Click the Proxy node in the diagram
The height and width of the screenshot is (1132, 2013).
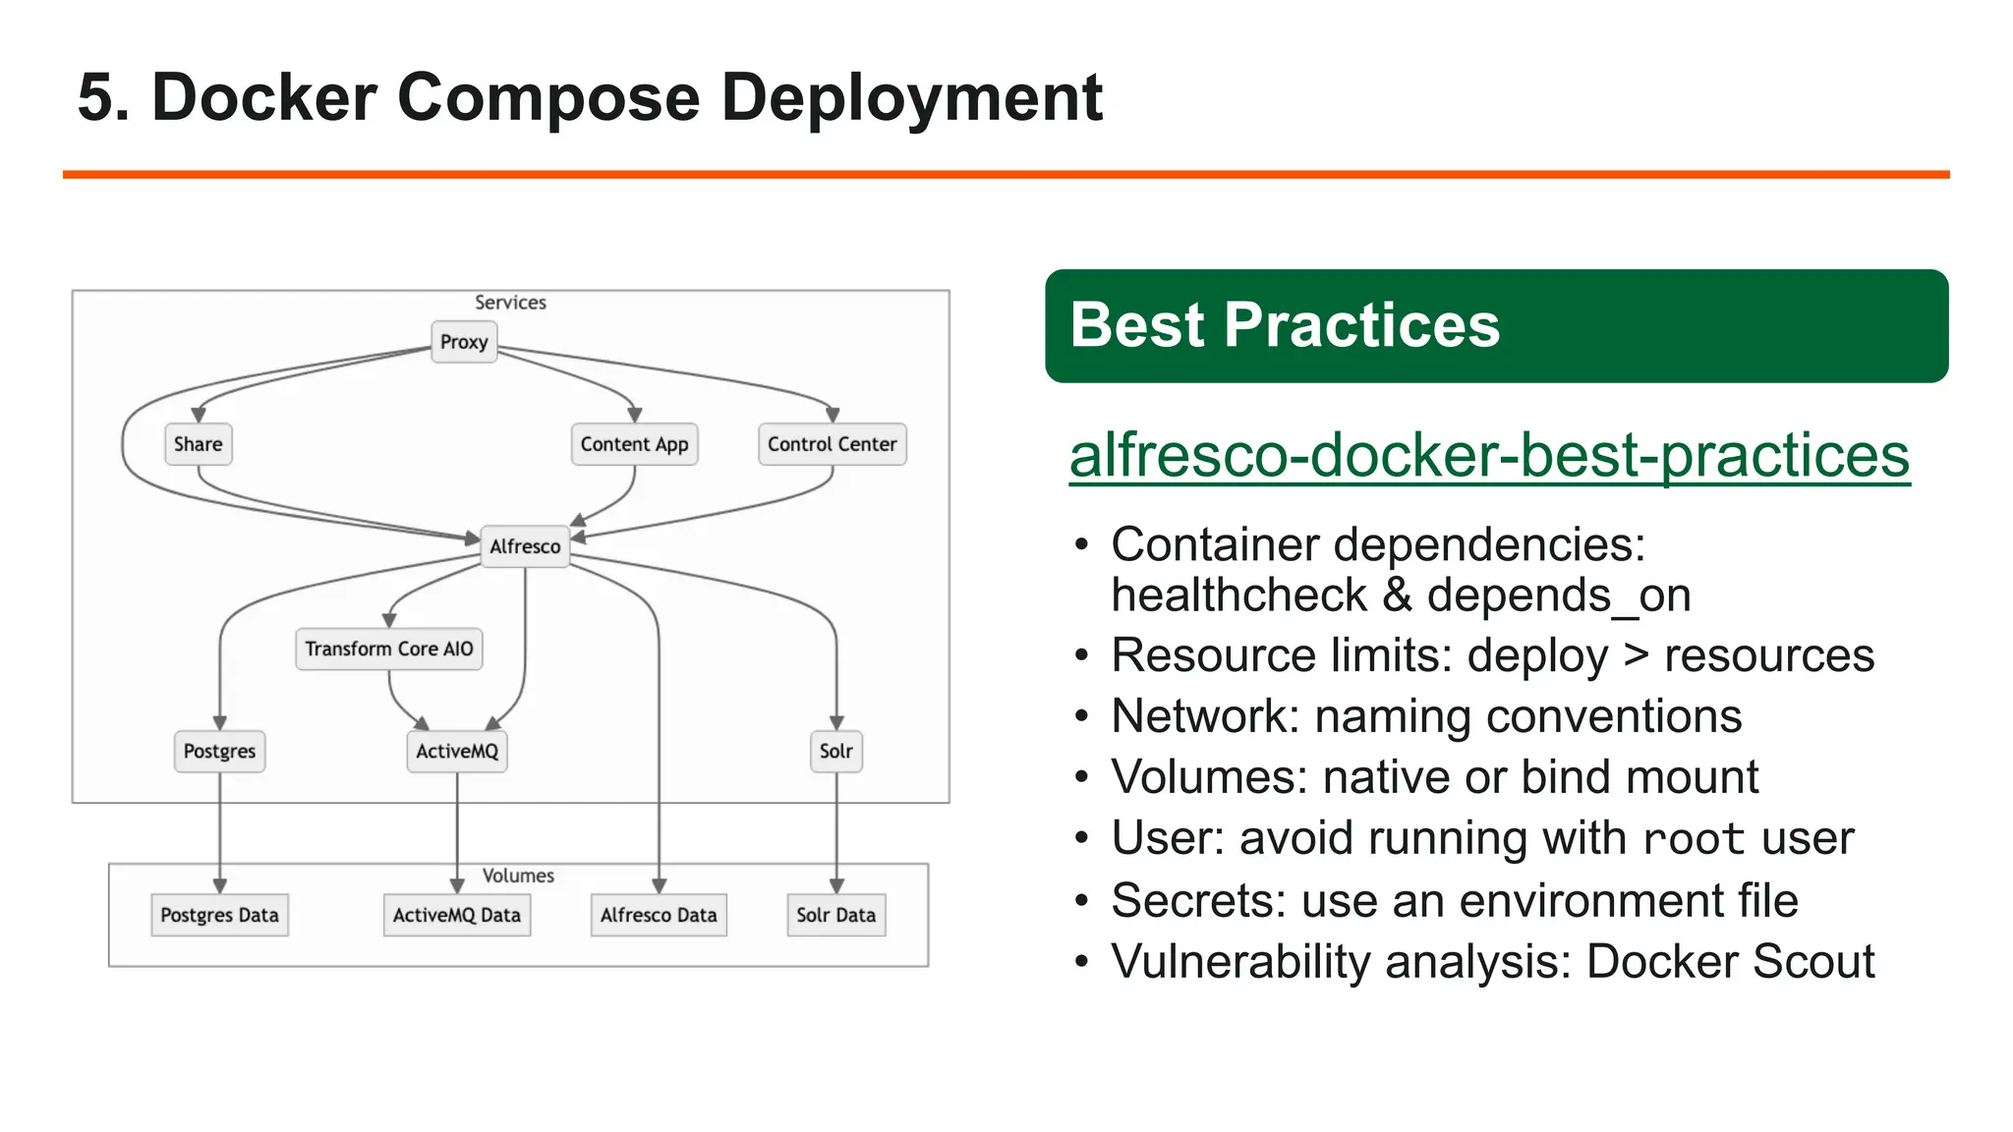pos(464,342)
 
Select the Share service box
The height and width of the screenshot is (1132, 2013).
pos(198,444)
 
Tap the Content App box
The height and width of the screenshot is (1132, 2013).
pos(634,444)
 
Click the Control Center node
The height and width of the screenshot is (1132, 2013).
pos(832,444)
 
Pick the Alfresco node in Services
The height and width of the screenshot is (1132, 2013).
pos(525,546)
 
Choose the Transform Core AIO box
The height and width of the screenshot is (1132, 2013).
pos(389,649)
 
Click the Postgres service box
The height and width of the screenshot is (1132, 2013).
pos(219,752)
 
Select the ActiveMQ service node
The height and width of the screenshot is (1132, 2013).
pos(457,752)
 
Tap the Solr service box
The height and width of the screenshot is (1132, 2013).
pos(835,752)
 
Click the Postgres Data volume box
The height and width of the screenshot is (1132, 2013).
pos(219,915)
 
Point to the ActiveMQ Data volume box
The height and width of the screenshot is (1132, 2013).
pos(457,915)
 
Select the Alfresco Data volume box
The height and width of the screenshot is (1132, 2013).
pos(659,915)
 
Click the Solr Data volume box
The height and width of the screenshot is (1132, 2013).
pos(835,915)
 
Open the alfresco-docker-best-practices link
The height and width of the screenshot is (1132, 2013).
pos(1489,456)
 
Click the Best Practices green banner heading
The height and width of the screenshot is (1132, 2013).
pos(1285,325)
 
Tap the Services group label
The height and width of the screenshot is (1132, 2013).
pos(510,303)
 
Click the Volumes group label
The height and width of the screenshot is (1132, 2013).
pos(518,876)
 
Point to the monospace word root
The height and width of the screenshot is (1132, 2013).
pos(1694,840)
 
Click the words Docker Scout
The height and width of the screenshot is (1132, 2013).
pos(1730,962)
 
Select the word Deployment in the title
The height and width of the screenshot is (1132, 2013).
pos(911,98)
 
